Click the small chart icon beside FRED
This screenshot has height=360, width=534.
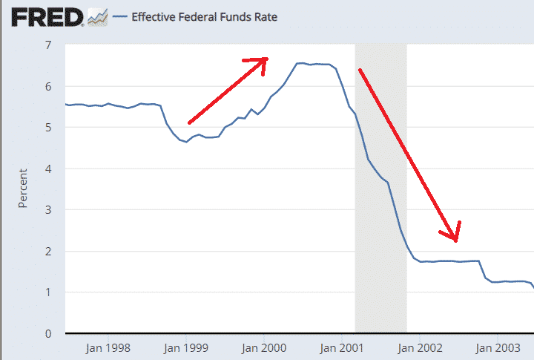tap(97, 16)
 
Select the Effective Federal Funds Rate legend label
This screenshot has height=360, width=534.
tap(204, 16)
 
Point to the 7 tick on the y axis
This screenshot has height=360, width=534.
tap(48, 45)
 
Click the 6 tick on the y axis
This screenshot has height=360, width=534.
tap(48, 87)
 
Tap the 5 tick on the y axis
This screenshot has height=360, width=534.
tap(48, 128)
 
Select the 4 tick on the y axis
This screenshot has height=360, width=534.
tap(48, 169)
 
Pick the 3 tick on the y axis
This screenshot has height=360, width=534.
tap(48, 210)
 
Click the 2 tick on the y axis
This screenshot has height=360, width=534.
tap(48, 252)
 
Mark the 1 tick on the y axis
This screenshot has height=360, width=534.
tap(48, 292)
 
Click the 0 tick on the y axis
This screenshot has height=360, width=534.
tap(48, 334)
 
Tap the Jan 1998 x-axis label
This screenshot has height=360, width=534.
tap(108, 347)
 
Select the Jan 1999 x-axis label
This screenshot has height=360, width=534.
tap(185, 347)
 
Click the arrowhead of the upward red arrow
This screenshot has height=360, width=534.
tap(263, 62)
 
